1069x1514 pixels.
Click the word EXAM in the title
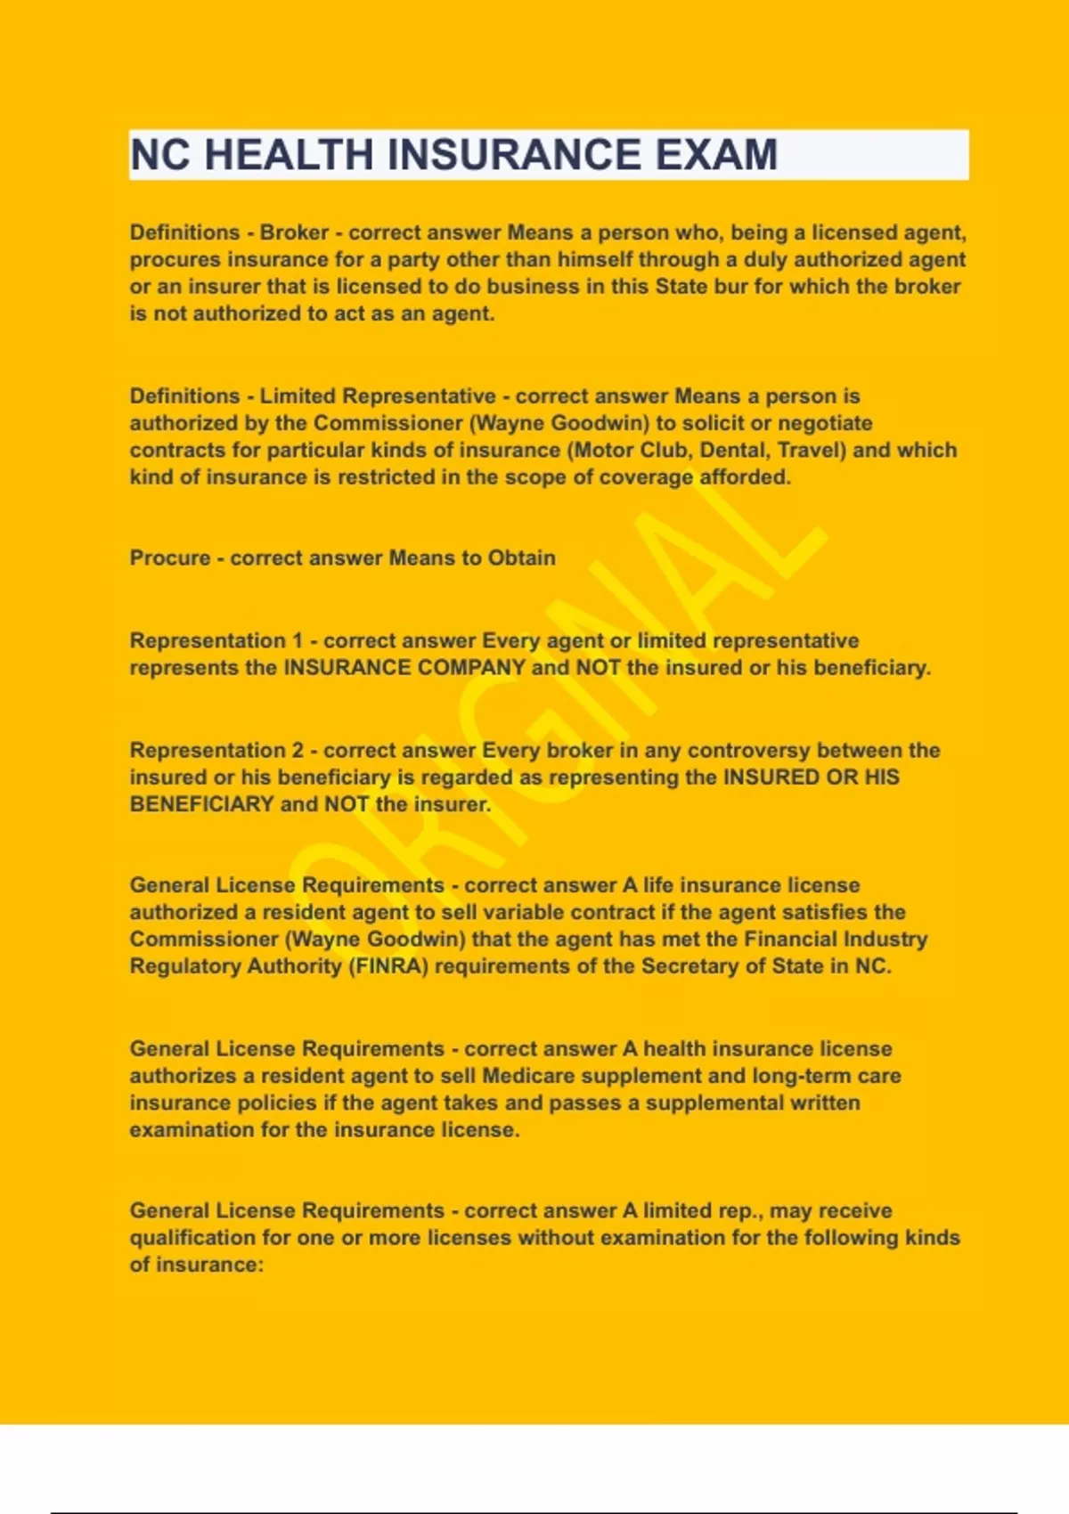pos(716,155)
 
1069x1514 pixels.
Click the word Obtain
pos(521,558)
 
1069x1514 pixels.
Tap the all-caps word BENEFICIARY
pos(201,804)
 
